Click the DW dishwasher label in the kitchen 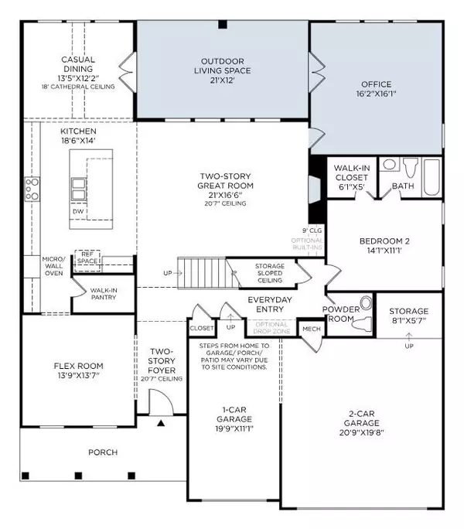78,211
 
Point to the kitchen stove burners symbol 32,188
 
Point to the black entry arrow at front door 161,423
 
